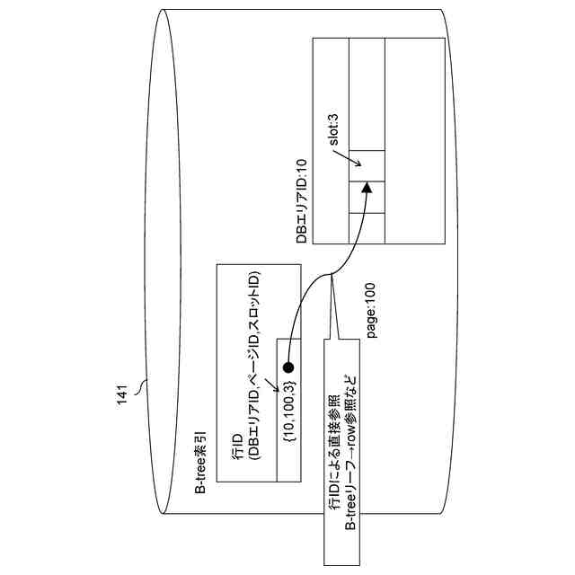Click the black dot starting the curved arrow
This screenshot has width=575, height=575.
288,367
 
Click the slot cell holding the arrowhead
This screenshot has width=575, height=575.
366,197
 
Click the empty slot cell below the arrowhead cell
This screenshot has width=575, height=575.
366,226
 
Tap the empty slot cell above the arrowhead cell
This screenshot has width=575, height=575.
366,166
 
